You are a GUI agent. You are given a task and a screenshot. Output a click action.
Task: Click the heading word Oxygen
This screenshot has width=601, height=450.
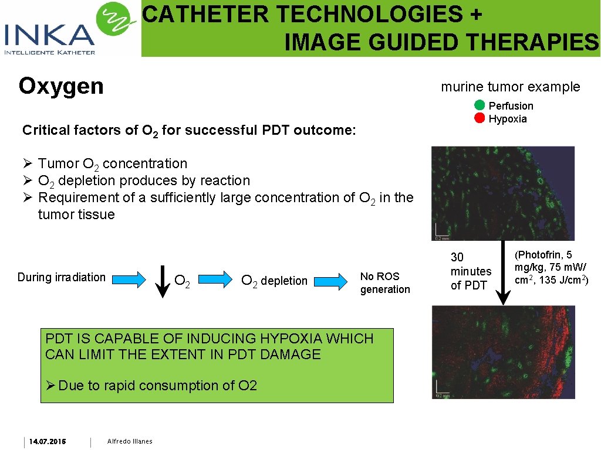(61, 86)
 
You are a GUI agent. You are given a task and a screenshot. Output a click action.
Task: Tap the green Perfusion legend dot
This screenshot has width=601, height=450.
(480, 105)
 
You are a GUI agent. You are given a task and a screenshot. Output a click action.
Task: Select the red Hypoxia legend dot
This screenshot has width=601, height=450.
(480, 118)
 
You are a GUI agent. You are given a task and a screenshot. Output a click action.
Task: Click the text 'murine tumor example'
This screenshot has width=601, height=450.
(510, 87)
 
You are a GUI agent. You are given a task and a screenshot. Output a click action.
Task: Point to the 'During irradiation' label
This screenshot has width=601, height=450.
(62, 277)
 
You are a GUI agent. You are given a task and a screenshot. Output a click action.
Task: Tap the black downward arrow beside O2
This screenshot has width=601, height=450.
(163, 282)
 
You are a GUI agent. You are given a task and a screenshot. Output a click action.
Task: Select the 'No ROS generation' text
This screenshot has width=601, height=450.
(385, 282)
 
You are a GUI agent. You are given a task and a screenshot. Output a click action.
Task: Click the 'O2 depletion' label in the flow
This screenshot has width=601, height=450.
(274, 281)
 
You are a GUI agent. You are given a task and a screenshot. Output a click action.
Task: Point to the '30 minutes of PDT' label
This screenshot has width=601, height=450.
(471, 271)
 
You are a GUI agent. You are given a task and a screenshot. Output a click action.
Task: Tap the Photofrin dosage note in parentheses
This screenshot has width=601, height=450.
(551, 267)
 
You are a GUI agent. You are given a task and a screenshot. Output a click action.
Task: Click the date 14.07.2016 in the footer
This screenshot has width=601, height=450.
(48, 441)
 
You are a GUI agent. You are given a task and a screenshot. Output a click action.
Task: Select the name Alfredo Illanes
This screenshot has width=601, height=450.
(130, 441)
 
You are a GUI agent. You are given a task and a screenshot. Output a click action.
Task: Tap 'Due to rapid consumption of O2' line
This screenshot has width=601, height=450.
(151, 386)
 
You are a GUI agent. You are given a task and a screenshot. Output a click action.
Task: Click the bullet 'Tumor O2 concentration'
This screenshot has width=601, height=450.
(112, 164)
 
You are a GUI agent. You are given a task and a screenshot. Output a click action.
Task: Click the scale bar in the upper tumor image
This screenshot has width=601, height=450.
(441, 232)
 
